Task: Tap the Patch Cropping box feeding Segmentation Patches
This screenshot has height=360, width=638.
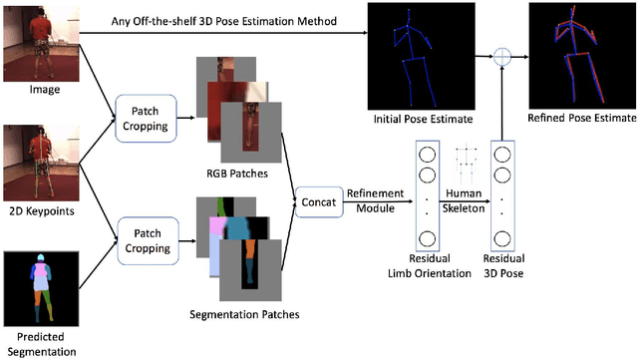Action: coord(147,239)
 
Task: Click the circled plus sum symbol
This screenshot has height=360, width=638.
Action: coord(505,58)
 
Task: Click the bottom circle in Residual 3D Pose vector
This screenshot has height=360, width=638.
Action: coord(502,238)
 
